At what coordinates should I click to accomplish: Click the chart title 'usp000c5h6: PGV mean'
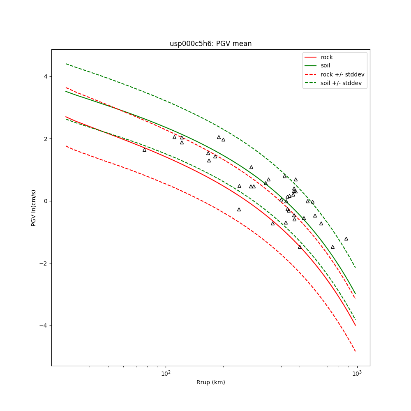click(x=210, y=44)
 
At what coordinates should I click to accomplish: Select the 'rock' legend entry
click(x=327, y=57)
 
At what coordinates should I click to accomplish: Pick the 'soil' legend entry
click(x=326, y=65)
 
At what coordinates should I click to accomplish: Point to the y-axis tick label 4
click(x=46, y=76)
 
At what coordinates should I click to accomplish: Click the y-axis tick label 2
click(x=46, y=139)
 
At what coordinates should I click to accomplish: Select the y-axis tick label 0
click(x=46, y=201)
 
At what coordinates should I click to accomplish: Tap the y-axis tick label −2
click(x=44, y=263)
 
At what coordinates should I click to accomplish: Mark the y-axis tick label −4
click(x=44, y=326)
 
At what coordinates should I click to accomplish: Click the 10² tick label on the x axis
click(x=166, y=373)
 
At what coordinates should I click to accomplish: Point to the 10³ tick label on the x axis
click(x=357, y=373)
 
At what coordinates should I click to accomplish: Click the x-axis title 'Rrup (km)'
click(x=210, y=382)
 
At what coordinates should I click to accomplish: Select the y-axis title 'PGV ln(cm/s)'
click(x=34, y=208)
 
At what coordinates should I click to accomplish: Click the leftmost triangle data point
click(x=144, y=150)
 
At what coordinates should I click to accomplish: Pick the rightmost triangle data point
click(x=346, y=239)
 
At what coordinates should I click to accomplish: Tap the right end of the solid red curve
click(x=356, y=326)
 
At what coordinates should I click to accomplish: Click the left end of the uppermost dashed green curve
click(x=66, y=64)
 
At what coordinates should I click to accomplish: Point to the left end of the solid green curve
click(x=66, y=91)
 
